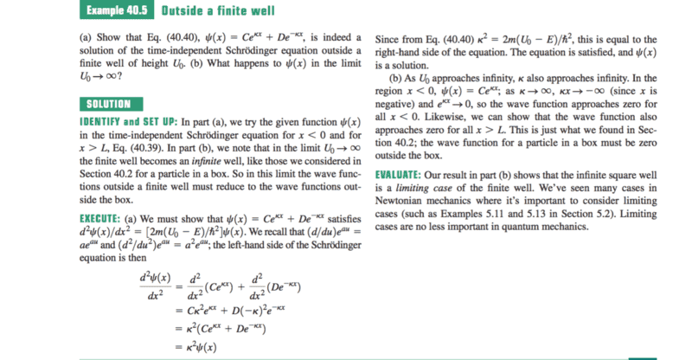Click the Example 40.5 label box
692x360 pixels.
pos(115,11)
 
